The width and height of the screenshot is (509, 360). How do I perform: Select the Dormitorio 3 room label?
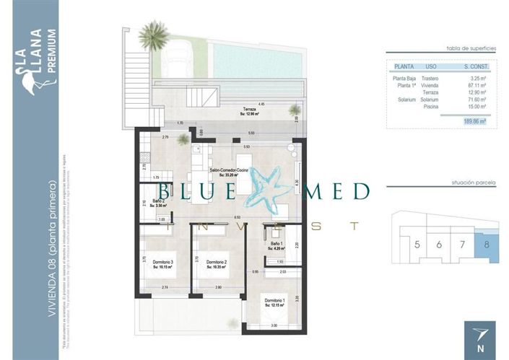tap(162, 263)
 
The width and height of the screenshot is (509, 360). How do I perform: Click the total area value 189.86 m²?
tap(474, 122)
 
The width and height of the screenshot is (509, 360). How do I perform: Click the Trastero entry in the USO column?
tap(430, 78)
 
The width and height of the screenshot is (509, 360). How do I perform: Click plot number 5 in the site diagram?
tap(417, 245)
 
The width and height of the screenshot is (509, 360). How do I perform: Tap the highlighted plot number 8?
tap(487, 245)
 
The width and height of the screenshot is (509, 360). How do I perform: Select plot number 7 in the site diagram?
tap(463, 245)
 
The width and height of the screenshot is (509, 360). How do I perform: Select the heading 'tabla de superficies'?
tap(473, 48)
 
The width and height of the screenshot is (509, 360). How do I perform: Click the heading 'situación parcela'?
tap(474, 185)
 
